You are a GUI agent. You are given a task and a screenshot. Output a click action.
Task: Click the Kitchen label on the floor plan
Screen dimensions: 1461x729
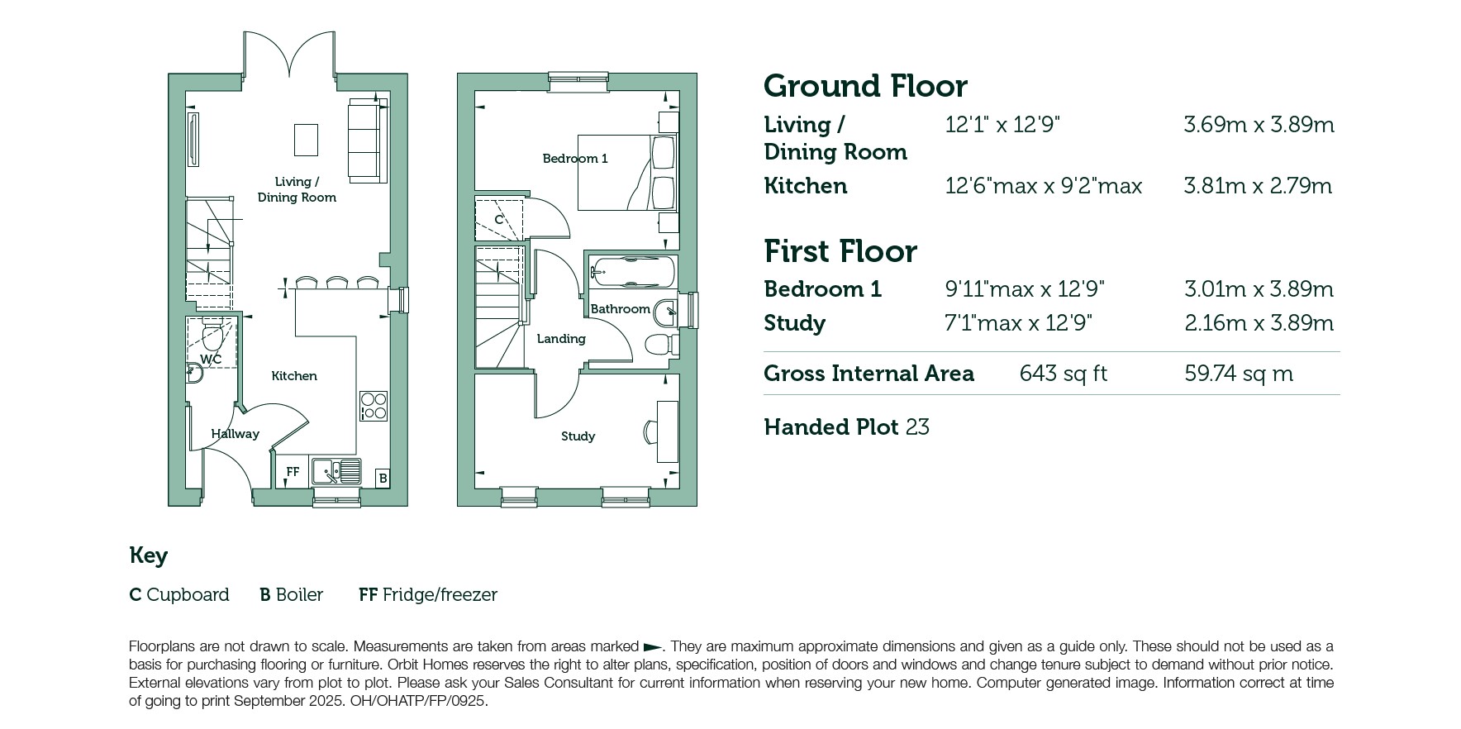(x=294, y=376)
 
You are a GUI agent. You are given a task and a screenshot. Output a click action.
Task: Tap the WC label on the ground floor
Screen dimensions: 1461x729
(x=211, y=360)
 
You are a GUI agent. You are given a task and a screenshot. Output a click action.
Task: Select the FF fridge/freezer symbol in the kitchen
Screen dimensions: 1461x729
(x=293, y=472)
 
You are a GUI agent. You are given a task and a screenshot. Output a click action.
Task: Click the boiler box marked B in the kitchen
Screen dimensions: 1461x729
(x=383, y=478)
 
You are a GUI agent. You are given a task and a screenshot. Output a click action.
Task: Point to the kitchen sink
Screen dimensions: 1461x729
(x=336, y=472)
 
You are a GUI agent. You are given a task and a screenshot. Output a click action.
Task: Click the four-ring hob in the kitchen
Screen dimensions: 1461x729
(x=374, y=406)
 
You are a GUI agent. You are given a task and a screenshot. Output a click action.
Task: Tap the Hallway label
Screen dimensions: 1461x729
(x=235, y=434)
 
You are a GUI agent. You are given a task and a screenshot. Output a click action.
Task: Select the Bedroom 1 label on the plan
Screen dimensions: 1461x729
(x=575, y=159)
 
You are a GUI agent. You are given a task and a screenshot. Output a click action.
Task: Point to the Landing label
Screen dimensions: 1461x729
(x=561, y=339)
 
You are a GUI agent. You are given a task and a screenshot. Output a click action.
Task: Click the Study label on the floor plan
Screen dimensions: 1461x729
(x=578, y=436)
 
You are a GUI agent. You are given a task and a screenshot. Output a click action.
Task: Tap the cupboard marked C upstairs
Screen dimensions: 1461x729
(x=499, y=220)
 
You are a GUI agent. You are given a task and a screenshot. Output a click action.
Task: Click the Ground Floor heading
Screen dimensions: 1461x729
(x=865, y=86)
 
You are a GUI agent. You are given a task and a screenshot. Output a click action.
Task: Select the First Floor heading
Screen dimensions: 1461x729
(x=840, y=251)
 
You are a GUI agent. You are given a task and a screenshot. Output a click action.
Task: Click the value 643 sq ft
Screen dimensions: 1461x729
(x=1063, y=374)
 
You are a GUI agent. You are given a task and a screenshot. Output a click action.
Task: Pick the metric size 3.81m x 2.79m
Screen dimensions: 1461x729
(x=1258, y=186)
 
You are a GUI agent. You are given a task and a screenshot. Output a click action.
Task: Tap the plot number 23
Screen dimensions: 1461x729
(x=917, y=427)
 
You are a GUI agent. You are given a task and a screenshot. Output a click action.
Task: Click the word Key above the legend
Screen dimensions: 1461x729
(x=149, y=556)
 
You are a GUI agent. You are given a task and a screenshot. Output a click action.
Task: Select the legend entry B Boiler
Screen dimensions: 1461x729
(x=291, y=595)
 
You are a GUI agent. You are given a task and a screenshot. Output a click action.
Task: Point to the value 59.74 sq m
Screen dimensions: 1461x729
(x=1239, y=374)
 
